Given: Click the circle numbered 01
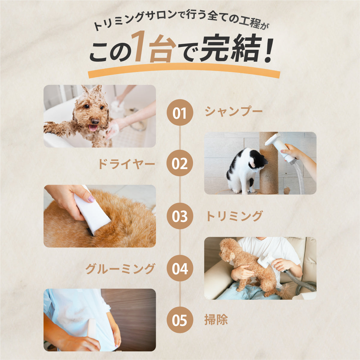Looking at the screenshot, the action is pos(180,112).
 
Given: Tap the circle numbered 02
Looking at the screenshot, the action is pos(180,163).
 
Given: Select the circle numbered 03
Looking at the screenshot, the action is pos(180,216).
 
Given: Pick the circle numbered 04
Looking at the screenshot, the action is pos(180,268).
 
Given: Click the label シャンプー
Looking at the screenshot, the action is pos(234,112).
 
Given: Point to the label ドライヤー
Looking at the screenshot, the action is pos(127,164).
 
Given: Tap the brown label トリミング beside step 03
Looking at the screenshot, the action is pos(234,216).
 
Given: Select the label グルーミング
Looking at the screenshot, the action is pos(120,269).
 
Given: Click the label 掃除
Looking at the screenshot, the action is pos(216,320).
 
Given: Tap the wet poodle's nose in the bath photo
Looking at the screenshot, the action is pos(95,121).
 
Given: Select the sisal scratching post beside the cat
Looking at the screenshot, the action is pos(269,163).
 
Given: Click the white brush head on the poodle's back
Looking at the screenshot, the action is pos(265,258).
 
